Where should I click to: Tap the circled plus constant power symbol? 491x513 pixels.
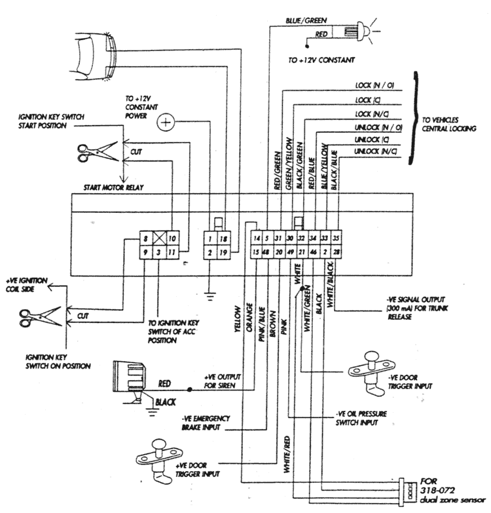[x=166, y=121]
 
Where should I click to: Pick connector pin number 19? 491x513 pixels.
[x=224, y=252]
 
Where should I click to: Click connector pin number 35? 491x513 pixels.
[x=336, y=238]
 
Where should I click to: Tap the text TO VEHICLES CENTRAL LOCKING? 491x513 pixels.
[x=448, y=125]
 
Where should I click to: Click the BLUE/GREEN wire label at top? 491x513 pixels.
[x=302, y=21]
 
